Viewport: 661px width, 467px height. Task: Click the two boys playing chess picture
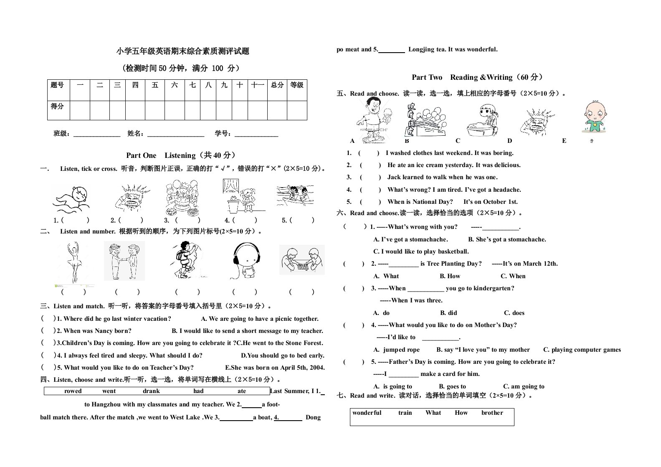[301, 260]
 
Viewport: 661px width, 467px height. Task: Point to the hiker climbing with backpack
[186, 260]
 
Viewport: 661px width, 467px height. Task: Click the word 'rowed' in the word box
[73, 391]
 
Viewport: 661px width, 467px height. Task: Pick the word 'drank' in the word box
[151, 391]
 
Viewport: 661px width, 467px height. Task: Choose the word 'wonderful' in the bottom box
[367, 413]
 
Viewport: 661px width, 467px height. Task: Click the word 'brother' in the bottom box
[492, 413]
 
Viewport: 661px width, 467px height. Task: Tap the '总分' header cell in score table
[277, 85]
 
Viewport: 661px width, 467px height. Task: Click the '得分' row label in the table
[57, 107]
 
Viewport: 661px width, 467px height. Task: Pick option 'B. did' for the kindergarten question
[448, 313]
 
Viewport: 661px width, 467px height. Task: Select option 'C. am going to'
[524, 387]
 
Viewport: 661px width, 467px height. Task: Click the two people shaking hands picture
[124, 261]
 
